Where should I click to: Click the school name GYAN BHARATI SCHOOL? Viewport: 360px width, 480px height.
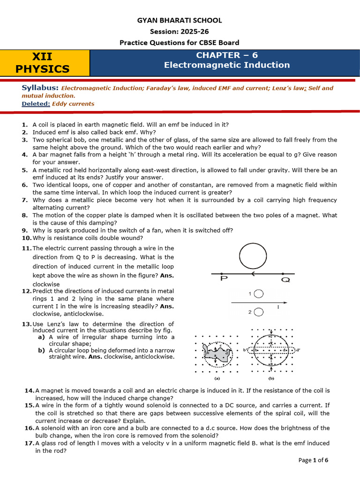(180, 20)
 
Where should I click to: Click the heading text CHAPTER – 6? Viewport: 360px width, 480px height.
(226, 55)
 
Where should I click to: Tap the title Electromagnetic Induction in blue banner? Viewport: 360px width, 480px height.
(226, 65)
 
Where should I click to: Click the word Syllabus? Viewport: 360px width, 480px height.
(40, 88)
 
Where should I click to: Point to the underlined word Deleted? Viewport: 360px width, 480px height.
(36, 104)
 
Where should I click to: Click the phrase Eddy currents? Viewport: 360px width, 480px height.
(73, 104)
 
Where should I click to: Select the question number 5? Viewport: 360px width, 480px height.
(25, 170)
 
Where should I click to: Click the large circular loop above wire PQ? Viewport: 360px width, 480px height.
(253, 257)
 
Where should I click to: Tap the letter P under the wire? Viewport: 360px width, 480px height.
(224, 280)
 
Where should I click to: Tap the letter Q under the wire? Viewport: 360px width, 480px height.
(285, 280)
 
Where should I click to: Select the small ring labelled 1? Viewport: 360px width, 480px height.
(258, 293)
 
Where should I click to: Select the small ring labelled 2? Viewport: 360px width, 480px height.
(258, 312)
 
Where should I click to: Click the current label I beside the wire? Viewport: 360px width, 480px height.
(278, 307)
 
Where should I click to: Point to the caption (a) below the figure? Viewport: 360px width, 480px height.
(217, 378)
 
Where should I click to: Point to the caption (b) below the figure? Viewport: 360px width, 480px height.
(271, 378)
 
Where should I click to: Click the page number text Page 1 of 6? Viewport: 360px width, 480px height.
(313, 460)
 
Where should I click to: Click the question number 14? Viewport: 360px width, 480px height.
(29, 390)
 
